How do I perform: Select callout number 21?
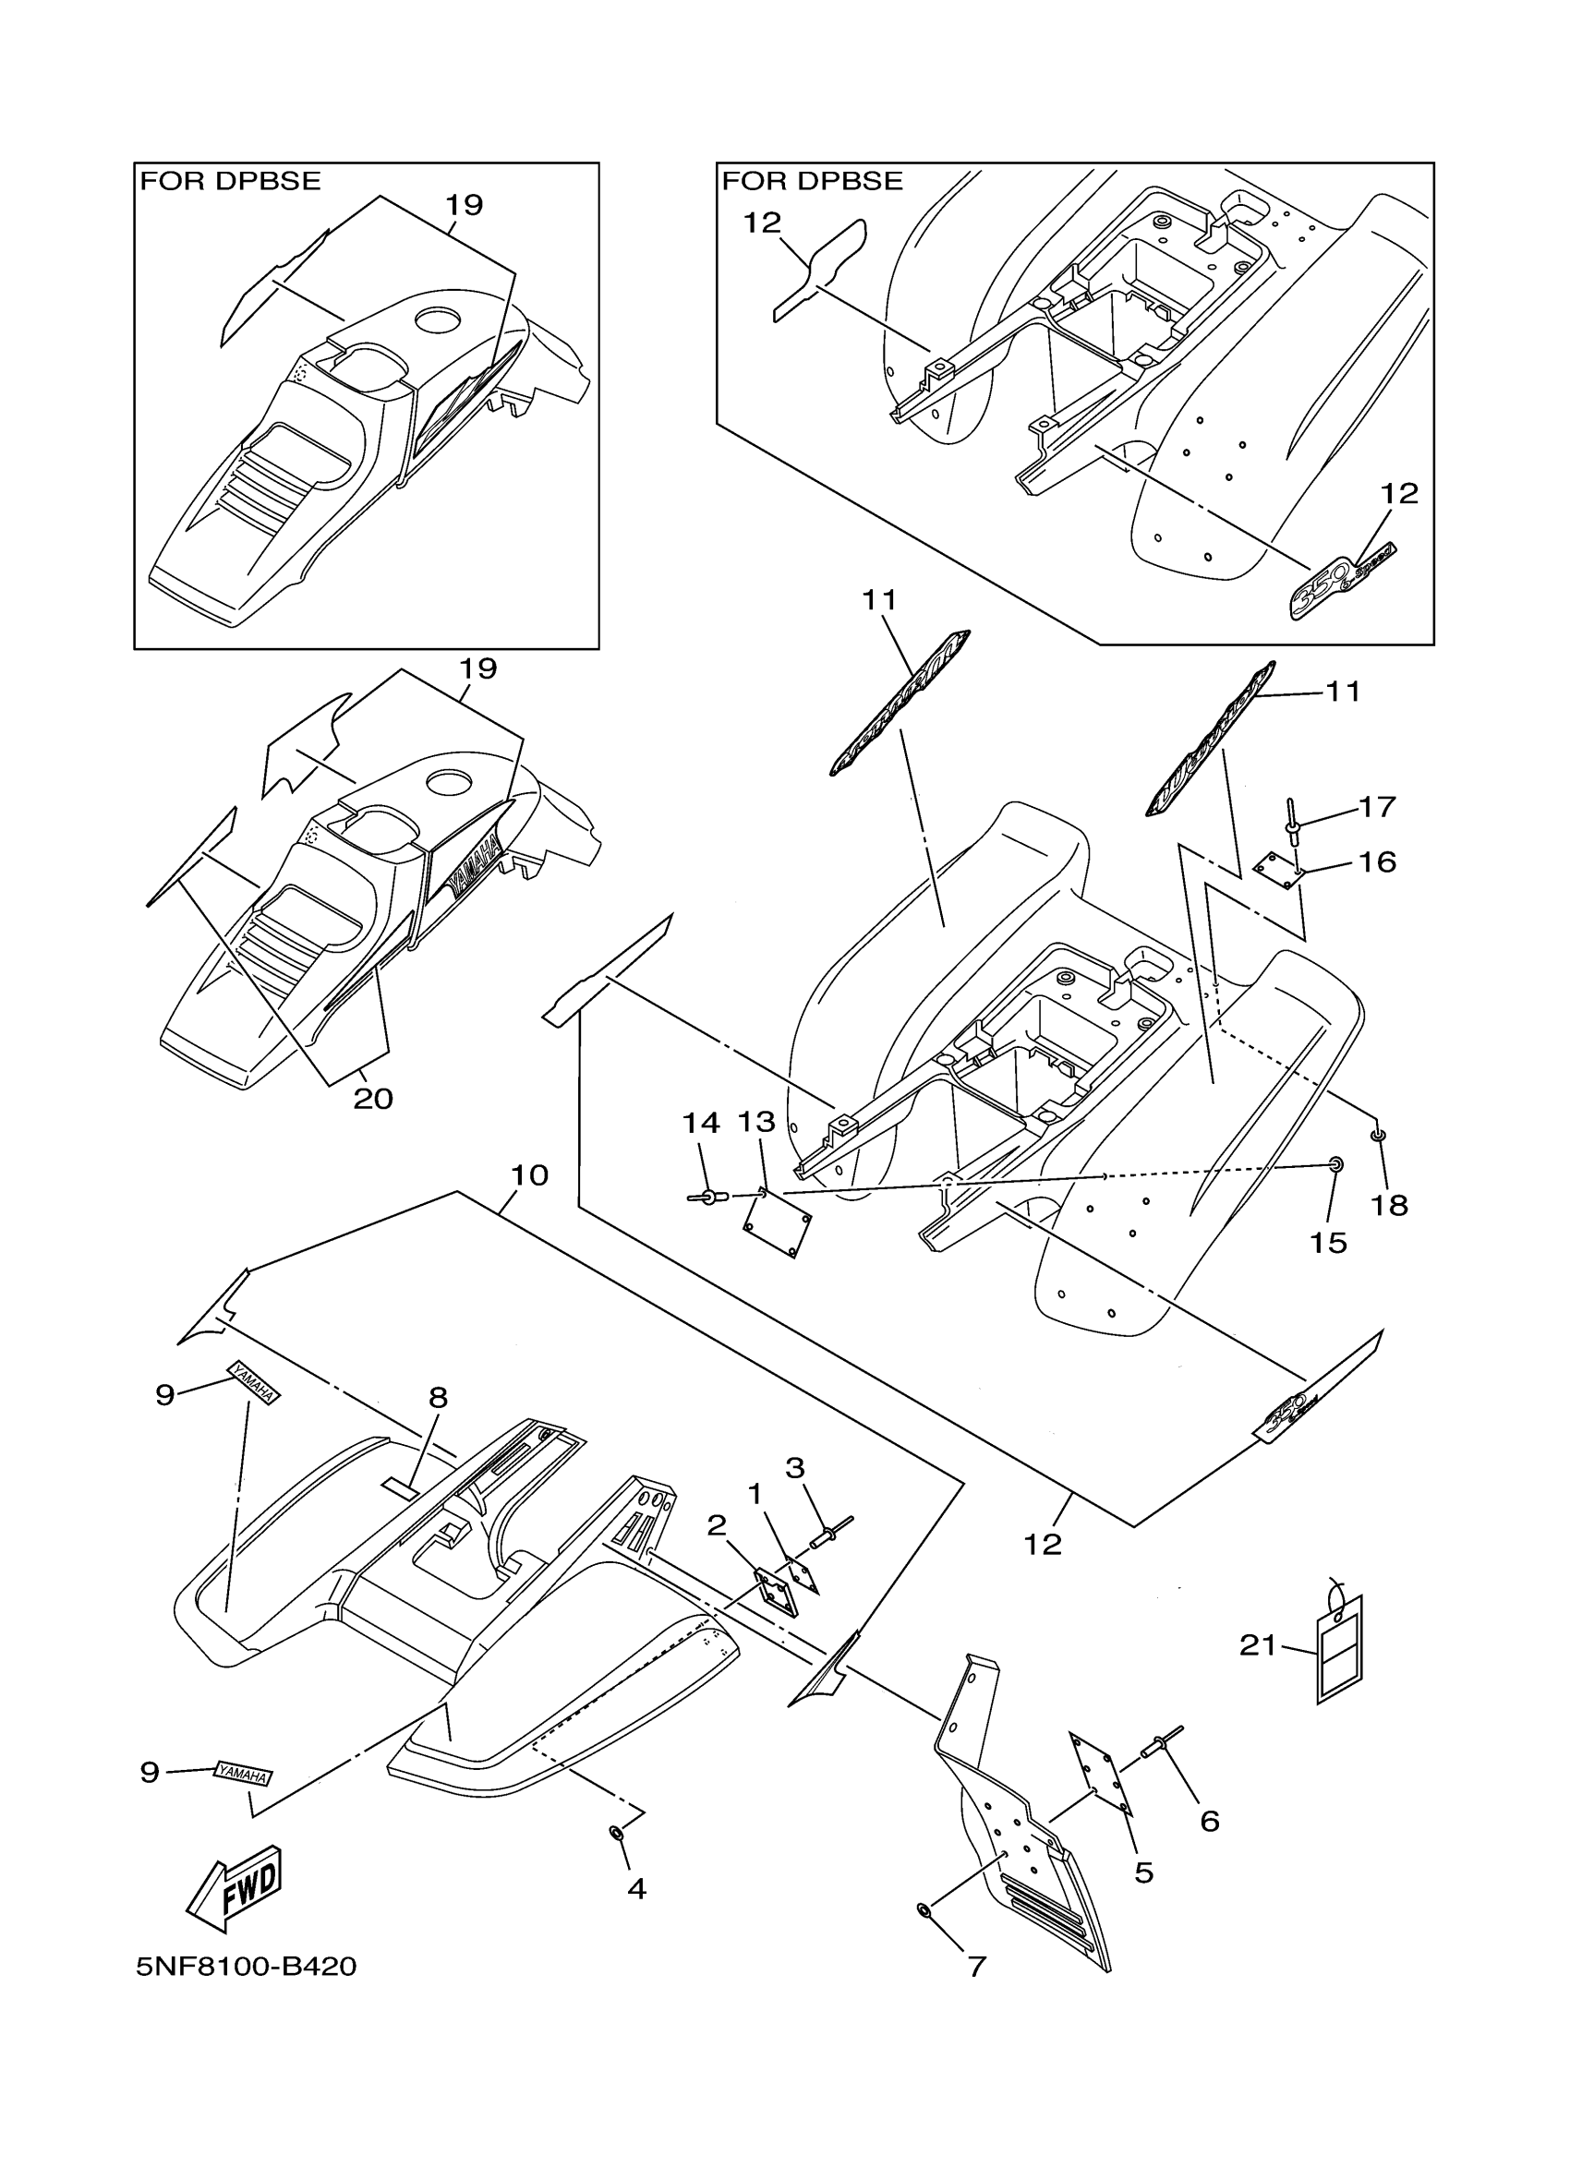tap(1258, 1645)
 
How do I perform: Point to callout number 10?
tap(529, 1175)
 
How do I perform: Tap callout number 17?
tap(1377, 807)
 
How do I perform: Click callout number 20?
tap(373, 1100)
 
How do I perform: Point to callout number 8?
tap(438, 1398)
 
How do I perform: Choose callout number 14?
tap(700, 1123)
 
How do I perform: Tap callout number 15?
tap(1328, 1242)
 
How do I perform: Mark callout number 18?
tap(1390, 1206)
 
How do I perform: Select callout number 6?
tap(1210, 1821)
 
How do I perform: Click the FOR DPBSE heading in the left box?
tap(230, 182)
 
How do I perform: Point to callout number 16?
tap(1377, 862)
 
